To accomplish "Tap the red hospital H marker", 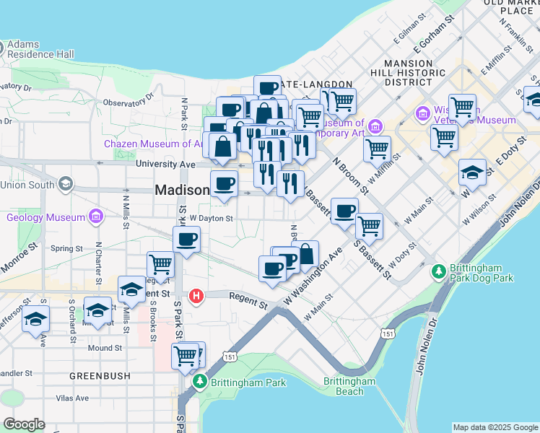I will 196,296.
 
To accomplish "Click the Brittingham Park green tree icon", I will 199,382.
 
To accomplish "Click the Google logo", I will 24,424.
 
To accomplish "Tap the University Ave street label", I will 166,165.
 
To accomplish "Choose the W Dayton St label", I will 211,218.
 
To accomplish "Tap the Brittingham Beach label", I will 350,386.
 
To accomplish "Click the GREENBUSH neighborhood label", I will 100,376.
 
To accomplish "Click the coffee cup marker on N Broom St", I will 345,210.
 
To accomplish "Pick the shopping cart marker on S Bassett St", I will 369,225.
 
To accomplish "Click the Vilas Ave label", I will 73,398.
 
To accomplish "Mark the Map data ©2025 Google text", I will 495,427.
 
